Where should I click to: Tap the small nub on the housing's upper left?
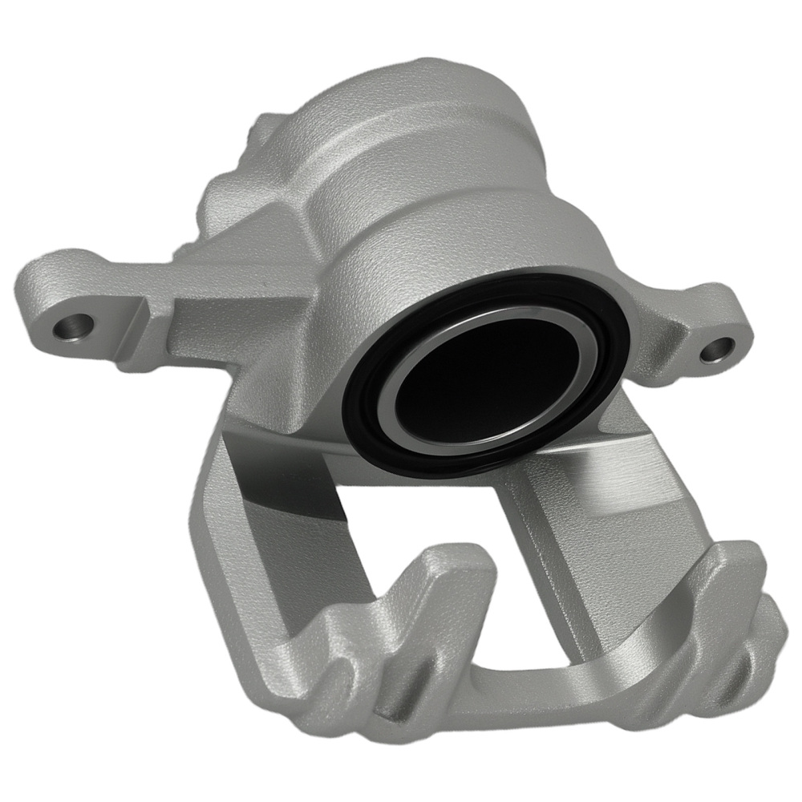pos(261,128)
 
